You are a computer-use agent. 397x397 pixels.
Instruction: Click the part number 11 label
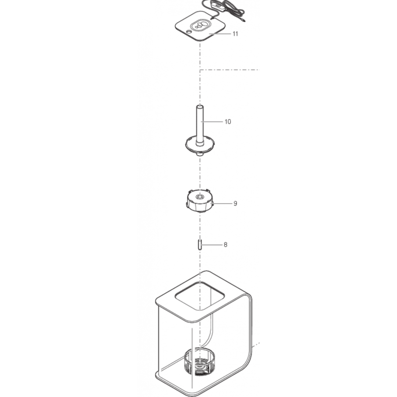tap(235, 34)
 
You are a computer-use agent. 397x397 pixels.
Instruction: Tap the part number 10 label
tap(228, 122)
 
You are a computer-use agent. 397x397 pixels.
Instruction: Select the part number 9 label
tap(235, 203)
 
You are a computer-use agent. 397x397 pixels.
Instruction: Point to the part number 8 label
tap(225, 245)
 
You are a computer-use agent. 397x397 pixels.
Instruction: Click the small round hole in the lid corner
tap(189, 32)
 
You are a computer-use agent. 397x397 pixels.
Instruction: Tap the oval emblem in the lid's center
tap(200, 25)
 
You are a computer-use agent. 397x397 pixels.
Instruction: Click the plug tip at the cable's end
tap(243, 21)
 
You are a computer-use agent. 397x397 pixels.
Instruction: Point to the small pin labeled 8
tap(200, 245)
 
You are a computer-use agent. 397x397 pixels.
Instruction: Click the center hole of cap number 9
tap(200, 197)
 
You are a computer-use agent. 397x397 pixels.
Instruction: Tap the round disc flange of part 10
tap(200, 145)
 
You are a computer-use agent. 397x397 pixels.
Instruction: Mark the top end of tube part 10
tap(200, 107)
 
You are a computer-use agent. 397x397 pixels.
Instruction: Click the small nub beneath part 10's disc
tap(200, 154)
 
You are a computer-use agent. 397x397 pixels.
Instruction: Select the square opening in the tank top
tap(200, 296)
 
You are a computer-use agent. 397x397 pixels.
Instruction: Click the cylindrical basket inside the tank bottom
tap(200, 362)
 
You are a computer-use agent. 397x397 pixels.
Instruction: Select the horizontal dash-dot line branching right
tap(230, 69)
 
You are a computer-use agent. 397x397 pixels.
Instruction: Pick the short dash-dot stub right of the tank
tap(256, 344)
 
